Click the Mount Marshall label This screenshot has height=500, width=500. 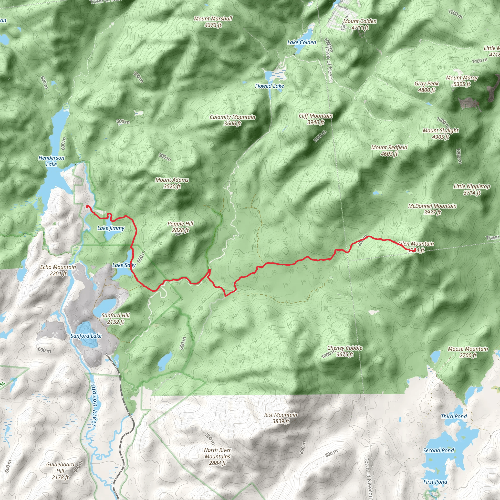pyautogui.click(x=213, y=22)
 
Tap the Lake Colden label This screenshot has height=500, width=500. pyautogui.click(x=302, y=42)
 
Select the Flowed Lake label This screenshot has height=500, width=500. pyautogui.click(x=270, y=86)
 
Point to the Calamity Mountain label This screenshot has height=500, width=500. pyautogui.click(x=232, y=120)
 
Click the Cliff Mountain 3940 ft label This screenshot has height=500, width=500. pyautogui.click(x=316, y=119)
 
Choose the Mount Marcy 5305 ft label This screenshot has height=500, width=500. pyautogui.click(x=462, y=81)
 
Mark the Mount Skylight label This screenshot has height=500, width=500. pyautogui.click(x=441, y=134)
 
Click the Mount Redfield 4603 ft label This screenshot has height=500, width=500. pyautogui.click(x=389, y=150)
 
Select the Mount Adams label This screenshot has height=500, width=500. pyautogui.click(x=172, y=183)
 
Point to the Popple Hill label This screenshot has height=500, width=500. pyautogui.click(x=180, y=227)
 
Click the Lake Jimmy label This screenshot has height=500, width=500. pyautogui.click(x=111, y=228)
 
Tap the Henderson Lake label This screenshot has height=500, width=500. pyautogui.click(x=51, y=161)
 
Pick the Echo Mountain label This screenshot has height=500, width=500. pyautogui.click(x=58, y=270)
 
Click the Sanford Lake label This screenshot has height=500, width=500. pyautogui.click(x=86, y=336)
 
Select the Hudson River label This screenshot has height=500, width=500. pyautogui.click(x=94, y=406)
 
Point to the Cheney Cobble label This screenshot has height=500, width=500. pyautogui.click(x=345, y=351)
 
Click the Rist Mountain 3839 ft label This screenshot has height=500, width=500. pyautogui.click(x=281, y=418)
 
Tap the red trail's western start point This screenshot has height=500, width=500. pyautogui.click(x=87, y=207)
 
